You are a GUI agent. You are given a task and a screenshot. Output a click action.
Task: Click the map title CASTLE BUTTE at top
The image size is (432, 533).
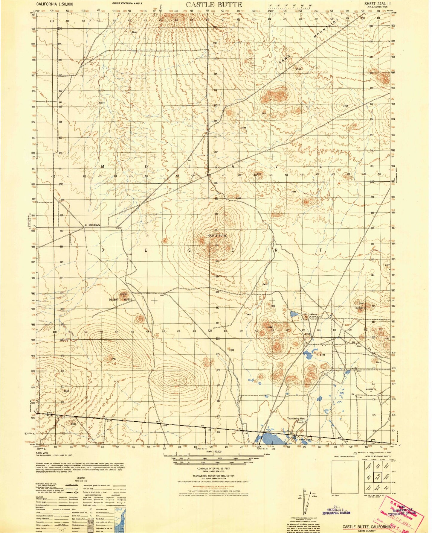(x=214, y=4)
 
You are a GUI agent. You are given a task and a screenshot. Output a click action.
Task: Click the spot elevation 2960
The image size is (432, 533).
(x=346, y=106)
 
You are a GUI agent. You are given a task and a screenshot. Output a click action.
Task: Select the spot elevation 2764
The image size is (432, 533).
(x=113, y=359)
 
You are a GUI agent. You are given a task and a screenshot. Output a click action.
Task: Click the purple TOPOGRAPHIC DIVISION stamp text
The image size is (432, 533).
(x=336, y=513)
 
